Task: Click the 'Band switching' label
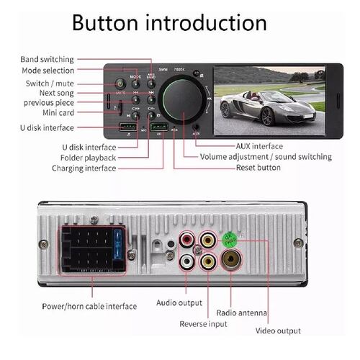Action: point(48,59)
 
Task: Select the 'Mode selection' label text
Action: point(48,71)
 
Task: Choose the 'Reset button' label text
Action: point(258,168)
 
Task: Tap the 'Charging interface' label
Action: point(84,168)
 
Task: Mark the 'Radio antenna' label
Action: point(242,313)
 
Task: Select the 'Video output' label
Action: point(279,331)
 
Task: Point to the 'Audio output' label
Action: point(179,303)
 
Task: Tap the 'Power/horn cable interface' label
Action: point(89,307)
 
